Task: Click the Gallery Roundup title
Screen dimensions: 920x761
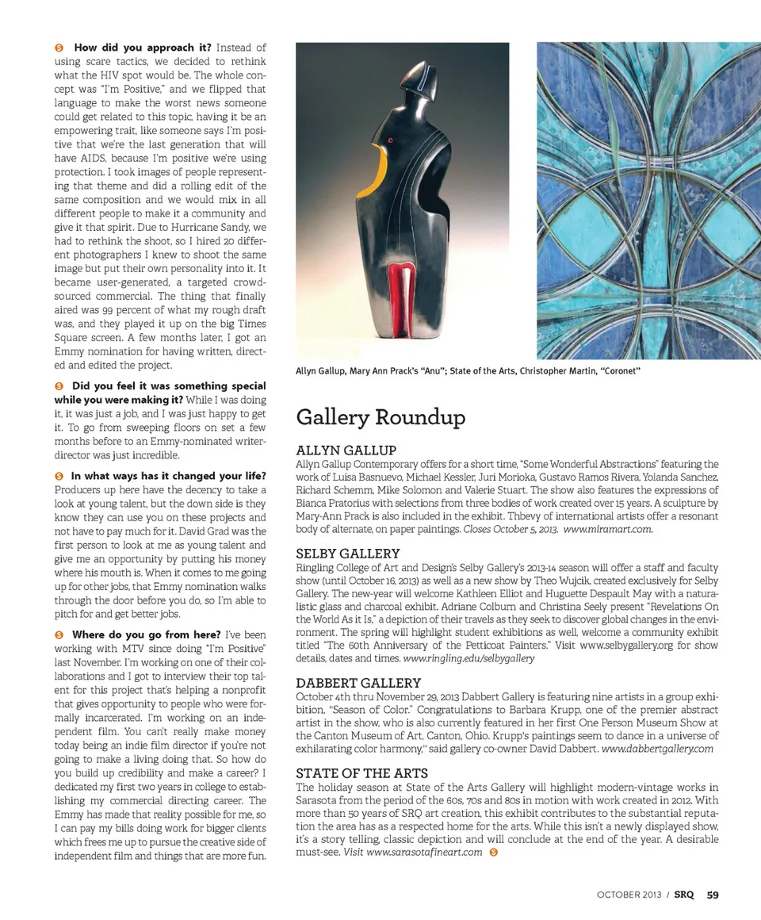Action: coord(380,417)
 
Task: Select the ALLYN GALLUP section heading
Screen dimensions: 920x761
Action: coord(346,450)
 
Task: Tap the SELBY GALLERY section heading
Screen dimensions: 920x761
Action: coord(347,554)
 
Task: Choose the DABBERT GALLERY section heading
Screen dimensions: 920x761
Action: coord(358,683)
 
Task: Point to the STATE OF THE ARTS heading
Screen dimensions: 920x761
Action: coord(361,773)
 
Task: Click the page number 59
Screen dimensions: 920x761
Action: coord(713,895)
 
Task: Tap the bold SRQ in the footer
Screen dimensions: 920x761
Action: coord(684,895)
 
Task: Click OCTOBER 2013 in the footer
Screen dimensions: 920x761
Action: coord(631,895)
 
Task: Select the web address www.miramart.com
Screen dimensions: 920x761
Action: coord(608,529)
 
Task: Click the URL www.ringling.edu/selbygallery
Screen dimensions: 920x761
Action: coord(468,658)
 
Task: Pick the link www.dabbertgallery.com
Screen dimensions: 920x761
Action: coord(658,748)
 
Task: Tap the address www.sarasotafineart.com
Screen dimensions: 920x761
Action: coord(424,852)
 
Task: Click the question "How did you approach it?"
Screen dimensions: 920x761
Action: coord(143,48)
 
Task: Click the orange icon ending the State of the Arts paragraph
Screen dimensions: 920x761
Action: coord(494,853)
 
